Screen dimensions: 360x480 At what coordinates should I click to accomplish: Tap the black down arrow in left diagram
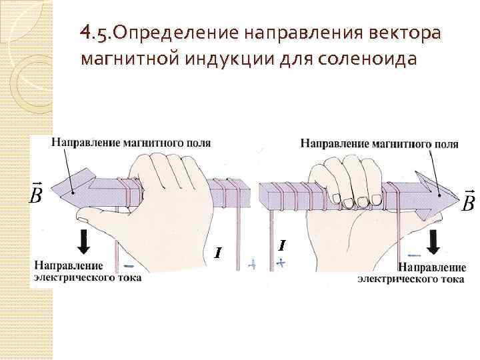click(x=84, y=241)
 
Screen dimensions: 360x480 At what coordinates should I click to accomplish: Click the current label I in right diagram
click(x=282, y=245)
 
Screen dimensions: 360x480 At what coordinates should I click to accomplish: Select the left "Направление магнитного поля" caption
click(x=131, y=143)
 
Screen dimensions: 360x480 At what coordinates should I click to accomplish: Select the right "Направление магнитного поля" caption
click(x=379, y=143)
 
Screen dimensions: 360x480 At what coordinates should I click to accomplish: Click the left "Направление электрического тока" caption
click(x=87, y=272)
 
